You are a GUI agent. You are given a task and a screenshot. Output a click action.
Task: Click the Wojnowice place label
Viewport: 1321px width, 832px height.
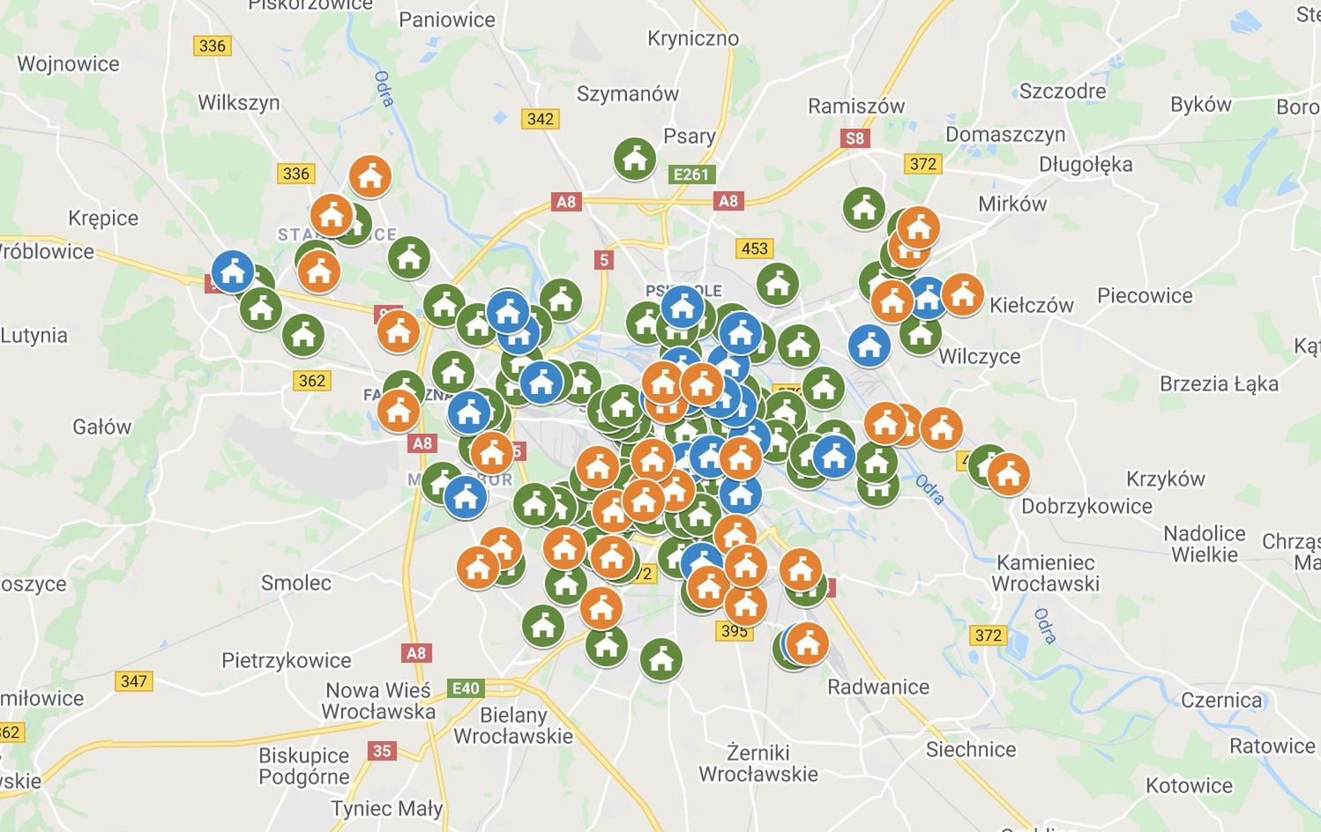click(x=68, y=63)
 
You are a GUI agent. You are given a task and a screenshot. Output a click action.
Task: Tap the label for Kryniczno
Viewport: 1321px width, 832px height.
click(x=693, y=38)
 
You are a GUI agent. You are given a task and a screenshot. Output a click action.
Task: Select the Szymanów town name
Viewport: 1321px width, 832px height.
click(x=628, y=93)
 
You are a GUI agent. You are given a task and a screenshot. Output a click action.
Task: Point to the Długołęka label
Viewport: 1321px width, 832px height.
click(x=1086, y=165)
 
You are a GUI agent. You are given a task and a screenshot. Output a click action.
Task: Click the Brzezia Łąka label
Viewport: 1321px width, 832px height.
click(x=1219, y=383)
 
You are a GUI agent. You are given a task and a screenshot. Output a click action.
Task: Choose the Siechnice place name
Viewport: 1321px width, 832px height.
click(x=971, y=749)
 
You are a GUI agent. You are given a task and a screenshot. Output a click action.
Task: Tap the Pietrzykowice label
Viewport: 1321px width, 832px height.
click(x=286, y=660)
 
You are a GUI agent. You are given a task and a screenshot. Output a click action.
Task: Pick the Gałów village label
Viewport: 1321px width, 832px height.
click(x=101, y=427)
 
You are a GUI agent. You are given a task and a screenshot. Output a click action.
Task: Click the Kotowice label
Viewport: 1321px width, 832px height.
click(x=1189, y=785)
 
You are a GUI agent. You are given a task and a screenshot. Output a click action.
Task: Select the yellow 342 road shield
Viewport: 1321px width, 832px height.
click(x=540, y=119)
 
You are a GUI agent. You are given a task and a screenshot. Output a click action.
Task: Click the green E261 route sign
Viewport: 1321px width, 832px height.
click(x=690, y=175)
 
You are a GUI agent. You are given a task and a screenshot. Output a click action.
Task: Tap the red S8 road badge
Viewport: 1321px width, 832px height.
click(x=855, y=138)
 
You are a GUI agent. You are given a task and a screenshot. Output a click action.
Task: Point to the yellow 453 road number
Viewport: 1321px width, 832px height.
click(x=754, y=249)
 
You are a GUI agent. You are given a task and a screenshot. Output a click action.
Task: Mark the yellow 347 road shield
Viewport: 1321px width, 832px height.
click(x=134, y=681)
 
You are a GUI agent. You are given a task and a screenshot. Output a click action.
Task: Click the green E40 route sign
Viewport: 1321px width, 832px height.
click(x=466, y=688)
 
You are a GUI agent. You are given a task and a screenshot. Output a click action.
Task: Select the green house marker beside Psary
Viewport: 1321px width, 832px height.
click(x=634, y=159)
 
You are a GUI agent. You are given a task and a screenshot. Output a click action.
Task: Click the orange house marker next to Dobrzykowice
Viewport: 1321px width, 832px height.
click(x=1008, y=474)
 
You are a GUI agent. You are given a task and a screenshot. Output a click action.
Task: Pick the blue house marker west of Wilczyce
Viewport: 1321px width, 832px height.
click(x=869, y=345)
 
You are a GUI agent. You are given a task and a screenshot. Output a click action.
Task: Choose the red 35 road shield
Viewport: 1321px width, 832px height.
click(x=382, y=751)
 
